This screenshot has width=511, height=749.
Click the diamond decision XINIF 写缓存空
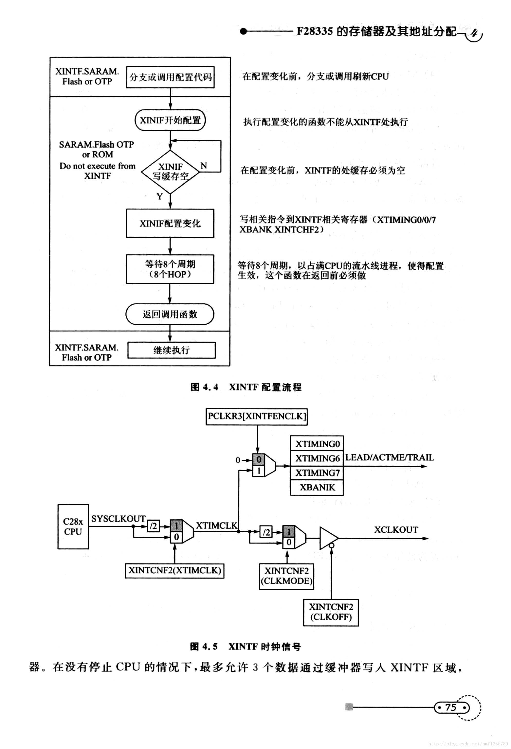(x=170, y=172)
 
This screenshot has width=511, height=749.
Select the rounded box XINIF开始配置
(x=170, y=120)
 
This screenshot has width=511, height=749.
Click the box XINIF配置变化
(x=170, y=223)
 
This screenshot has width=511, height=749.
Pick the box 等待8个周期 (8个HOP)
(x=170, y=269)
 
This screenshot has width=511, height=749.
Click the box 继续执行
(x=171, y=350)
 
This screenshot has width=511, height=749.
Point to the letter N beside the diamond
(x=204, y=166)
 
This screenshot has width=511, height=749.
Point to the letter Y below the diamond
(x=160, y=196)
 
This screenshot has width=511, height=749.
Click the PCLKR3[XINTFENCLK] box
(x=257, y=416)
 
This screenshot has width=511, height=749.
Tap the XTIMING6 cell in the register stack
(x=317, y=458)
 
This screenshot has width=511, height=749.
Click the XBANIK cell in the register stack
(x=317, y=487)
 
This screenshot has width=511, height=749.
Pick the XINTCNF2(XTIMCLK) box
(x=175, y=570)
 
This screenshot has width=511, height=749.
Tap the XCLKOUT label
(x=396, y=530)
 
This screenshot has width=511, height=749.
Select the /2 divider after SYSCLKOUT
(x=154, y=526)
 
